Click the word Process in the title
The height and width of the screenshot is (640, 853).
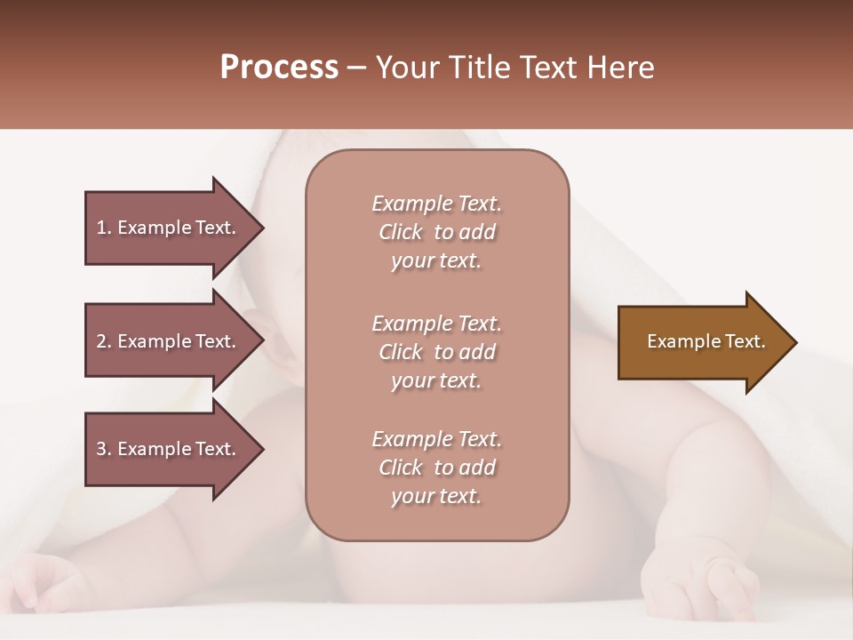(279, 68)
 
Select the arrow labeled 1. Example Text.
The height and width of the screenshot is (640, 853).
(169, 228)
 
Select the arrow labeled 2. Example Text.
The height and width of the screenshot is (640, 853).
(169, 341)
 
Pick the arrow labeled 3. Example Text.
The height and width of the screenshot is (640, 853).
(169, 449)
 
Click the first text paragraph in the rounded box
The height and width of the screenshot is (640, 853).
(436, 232)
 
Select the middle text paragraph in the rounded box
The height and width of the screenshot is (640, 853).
(436, 352)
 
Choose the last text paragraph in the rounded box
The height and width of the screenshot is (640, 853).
(436, 468)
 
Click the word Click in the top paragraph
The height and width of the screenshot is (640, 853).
(401, 232)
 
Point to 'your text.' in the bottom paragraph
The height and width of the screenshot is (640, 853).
(436, 496)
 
